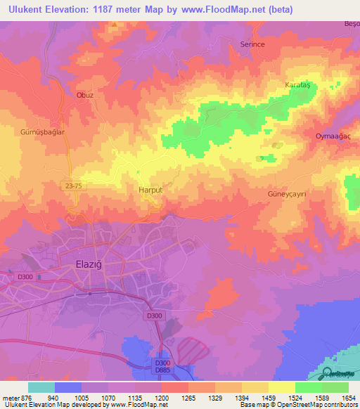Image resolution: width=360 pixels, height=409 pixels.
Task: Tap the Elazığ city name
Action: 90,264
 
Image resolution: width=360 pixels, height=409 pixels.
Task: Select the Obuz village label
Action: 84,95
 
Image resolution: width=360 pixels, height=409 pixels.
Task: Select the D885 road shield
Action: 162,370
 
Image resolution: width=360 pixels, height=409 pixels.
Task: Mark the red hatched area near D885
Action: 193,349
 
